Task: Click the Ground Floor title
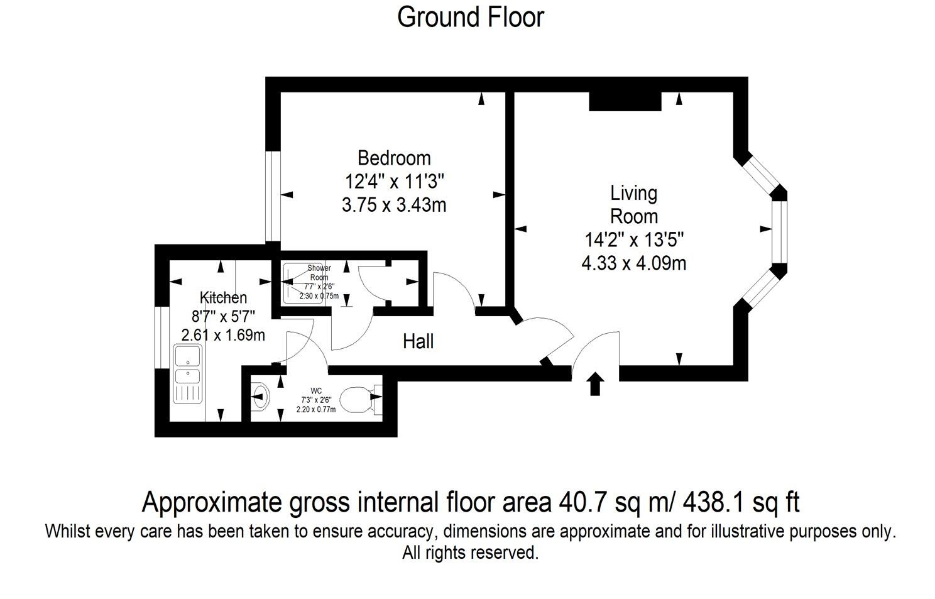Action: (x=470, y=17)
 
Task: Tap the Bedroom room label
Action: (x=394, y=157)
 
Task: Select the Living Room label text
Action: (x=634, y=204)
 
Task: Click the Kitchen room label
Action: (x=223, y=297)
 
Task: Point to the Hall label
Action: (x=418, y=342)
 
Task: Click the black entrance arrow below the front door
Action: (x=595, y=384)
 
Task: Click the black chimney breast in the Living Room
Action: (x=625, y=101)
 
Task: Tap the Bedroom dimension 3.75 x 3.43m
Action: (x=394, y=205)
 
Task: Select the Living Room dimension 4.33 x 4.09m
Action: (x=633, y=263)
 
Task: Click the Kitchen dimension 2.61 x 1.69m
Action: (x=223, y=335)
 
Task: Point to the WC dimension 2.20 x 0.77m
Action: (x=316, y=409)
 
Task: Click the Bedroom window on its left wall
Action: (x=272, y=196)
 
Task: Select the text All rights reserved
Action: (x=470, y=553)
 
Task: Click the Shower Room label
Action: (x=319, y=272)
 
